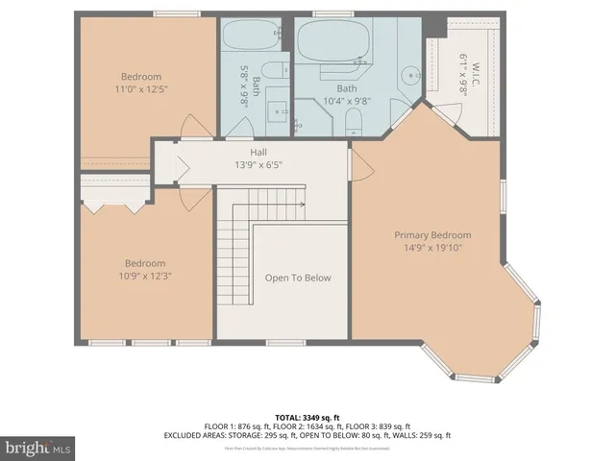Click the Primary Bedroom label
point(432,235)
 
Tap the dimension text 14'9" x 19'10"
point(432,247)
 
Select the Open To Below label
point(298,278)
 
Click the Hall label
point(259,152)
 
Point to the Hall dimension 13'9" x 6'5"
point(259,164)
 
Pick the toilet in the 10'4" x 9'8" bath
point(353,120)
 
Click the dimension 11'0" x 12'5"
point(141,89)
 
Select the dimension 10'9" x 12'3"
point(145,276)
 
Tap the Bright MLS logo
point(38,448)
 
